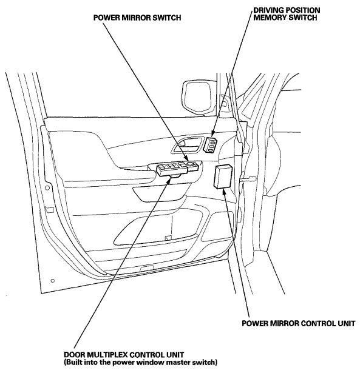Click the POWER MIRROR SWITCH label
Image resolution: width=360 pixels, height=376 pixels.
(137, 18)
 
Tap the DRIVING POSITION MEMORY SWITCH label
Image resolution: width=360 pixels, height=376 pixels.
(287, 14)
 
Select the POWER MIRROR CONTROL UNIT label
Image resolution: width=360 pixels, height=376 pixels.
(298, 323)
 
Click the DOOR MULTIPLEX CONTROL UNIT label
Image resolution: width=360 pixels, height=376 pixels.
(124, 355)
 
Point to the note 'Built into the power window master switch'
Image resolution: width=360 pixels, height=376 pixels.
(140, 362)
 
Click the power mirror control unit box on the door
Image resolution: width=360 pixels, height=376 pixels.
(223, 176)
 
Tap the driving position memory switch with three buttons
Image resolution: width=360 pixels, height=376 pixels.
(211, 144)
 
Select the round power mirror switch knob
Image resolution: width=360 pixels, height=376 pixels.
(190, 164)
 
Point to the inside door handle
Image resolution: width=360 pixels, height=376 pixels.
(187, 145)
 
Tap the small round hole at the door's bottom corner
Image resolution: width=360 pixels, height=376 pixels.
(53, 281)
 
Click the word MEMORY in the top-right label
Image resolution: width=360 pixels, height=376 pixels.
(270, 18)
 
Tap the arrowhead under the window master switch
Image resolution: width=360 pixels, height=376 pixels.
(168, 181)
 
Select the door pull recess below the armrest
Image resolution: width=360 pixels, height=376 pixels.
(159, 193)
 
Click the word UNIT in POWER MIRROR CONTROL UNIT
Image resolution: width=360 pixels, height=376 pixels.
(345, 323)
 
